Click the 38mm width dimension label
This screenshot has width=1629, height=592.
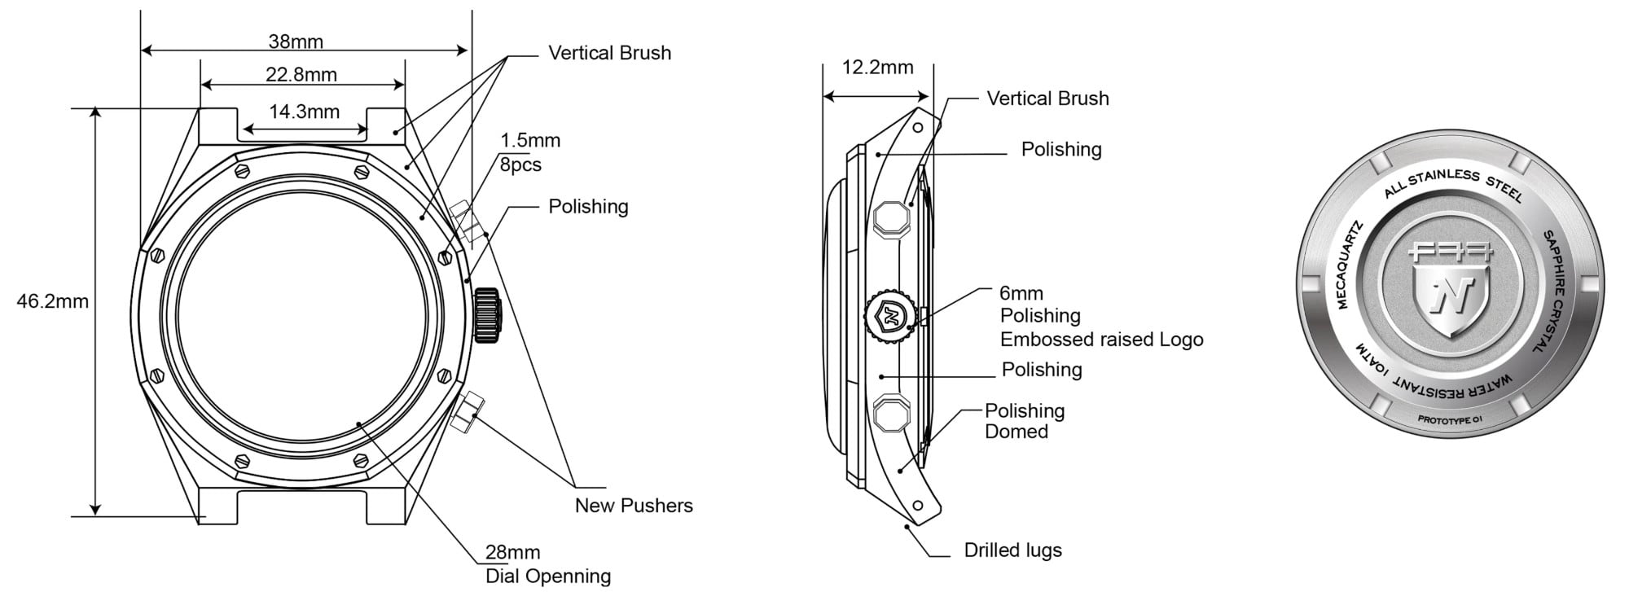click(x=296, y=42)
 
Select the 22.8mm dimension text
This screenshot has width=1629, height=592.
click(x=301, y=75)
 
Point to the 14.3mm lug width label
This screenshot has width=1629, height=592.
click(x=304, y=112)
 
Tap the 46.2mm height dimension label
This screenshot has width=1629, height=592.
click(x=52, y=301)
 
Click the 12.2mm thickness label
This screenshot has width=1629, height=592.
click(x=877, y=67)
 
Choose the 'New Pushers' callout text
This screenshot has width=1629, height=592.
click(x=634, y=505)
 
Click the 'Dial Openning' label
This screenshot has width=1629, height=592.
click(x=548, y=576)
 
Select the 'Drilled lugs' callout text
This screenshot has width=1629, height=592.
click(x=1012, y=550)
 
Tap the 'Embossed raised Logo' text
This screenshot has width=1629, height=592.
click(x=1101, y=339)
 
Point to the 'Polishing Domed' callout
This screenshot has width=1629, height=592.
click(x=1024, y=420)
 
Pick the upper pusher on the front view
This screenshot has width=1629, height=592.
click(x=467, y=221)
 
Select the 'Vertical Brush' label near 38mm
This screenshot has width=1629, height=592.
click(x=609, y=53)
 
